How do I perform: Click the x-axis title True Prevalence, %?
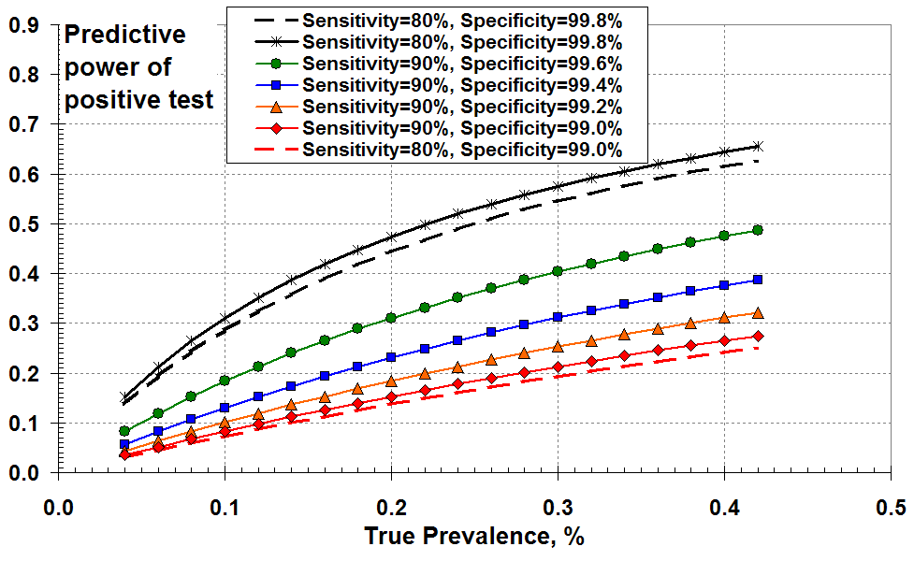pyautogui.click(x=475, y=537)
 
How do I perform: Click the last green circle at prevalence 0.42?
pyautogui.click(x=758, y=230)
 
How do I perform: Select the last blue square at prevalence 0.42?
pyautogui.click(x=758, y=280)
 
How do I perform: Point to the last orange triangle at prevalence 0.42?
pyautogui.click(x=758, y=312)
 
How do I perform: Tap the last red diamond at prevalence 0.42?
pyautogui.click(x=758, y=336)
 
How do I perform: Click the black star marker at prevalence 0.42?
pyautogui.click(x=758, y=146)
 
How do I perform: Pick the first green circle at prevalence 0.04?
pyautogui.click(x=125, y=431)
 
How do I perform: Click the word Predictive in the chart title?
pyautogui.click(x=124, y=36)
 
